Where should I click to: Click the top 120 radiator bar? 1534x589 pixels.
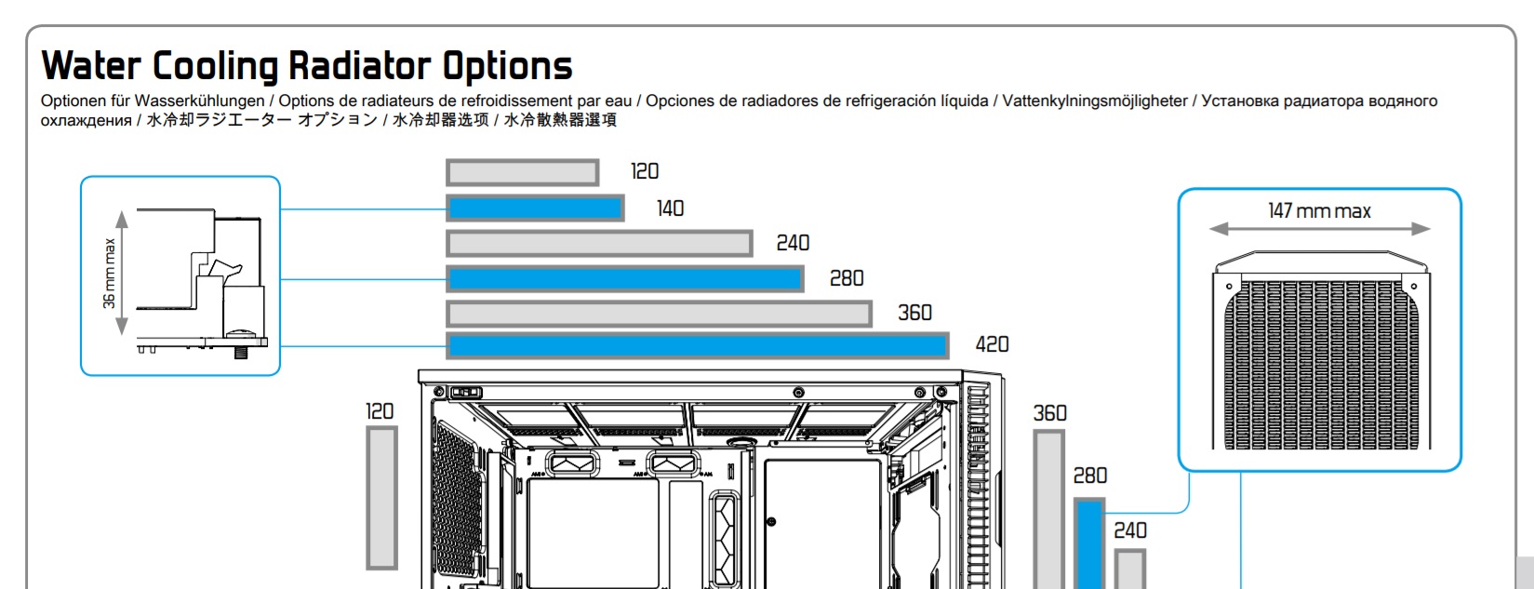coord(522,172)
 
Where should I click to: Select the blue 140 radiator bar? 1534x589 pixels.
coord(535,207)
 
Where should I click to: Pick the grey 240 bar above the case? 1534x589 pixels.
coord(599,243)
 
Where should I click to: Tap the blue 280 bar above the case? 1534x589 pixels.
coord(625,278)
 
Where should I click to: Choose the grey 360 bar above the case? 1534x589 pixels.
coord(659,314)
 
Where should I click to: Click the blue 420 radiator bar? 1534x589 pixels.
coord(698,346)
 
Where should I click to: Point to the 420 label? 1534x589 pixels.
coord(992,344)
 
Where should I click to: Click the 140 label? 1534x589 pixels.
coord(670,208)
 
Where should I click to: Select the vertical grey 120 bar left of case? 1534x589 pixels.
coord(381,497)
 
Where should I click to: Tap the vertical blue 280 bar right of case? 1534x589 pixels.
coord(1088,544)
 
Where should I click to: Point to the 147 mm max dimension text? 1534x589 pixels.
coord(1319,211)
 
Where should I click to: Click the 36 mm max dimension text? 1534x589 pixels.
coord(110,274)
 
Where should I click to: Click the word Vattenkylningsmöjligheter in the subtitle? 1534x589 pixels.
coord(1095,100)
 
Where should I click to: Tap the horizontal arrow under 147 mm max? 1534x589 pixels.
coord(1319,229)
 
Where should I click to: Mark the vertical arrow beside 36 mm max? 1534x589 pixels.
coord(121,274)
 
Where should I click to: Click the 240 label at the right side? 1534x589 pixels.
coord(1130,530)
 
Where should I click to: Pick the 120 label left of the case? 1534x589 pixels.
coord(380,411)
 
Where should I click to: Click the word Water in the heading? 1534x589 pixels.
coord(91,66)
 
